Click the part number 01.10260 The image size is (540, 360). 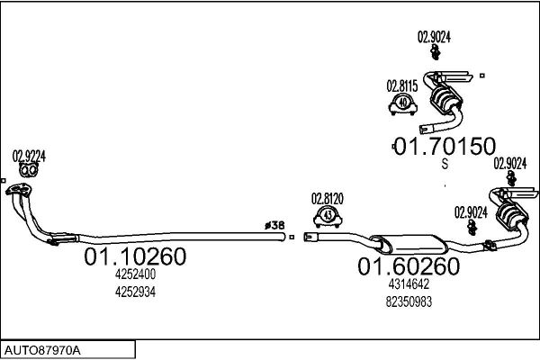click(135, 256)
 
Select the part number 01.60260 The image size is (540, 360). click(409, 266)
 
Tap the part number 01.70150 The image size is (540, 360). click(445, 146)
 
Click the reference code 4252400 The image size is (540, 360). click(135, 274)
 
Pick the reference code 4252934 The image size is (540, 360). click(135, 292)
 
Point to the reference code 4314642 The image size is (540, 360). click(409, 284)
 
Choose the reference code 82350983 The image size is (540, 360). click(409, 301)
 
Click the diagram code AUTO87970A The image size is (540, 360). click(42, 351)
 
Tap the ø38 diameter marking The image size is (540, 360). click(274, 225)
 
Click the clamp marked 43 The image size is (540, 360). click(328, 217)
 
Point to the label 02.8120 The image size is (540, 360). click(328, 199)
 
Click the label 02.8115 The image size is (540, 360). click(402, 86)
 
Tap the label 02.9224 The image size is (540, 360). click(29, 157)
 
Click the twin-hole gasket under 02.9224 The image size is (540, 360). click(28, 170)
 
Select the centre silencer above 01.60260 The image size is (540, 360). click(409, 244)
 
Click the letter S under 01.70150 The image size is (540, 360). click(445, 164)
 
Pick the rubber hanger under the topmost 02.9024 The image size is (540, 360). click(436, 53)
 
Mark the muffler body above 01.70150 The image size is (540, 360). click(445, 100)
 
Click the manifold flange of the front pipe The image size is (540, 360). click(19, 189)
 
